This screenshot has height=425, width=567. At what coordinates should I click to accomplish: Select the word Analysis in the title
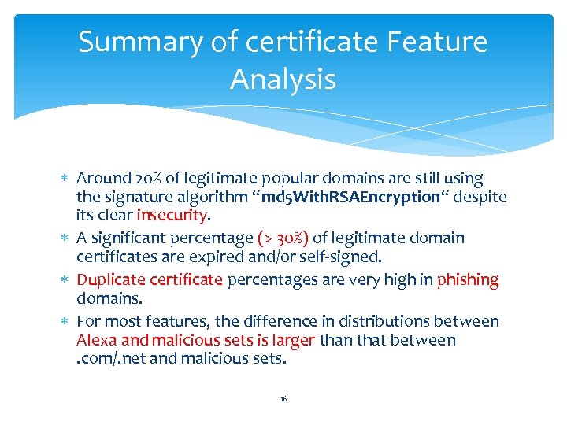point(283,79)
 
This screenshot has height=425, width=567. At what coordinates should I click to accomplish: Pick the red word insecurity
point(172,216)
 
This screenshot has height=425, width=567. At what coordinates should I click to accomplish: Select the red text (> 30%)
point(283,238)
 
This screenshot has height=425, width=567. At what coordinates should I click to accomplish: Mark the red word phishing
point(468,280)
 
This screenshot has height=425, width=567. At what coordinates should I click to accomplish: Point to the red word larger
point(292,341)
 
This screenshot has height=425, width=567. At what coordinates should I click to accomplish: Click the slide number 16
point(283,400)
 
